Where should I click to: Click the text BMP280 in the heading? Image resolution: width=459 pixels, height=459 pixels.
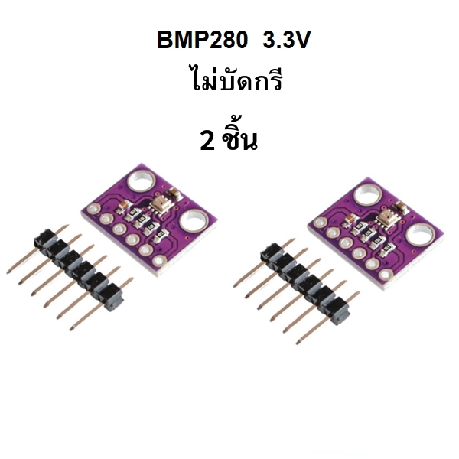[202, 40]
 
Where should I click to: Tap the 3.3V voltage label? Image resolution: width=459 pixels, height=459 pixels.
[286, 40]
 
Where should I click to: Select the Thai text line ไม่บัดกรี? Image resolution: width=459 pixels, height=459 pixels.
[236, 79]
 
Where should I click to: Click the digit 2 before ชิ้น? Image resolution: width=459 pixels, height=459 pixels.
[207, 141]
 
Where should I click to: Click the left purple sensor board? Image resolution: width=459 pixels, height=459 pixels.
[148, 220]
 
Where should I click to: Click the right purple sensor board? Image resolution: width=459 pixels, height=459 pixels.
[376, 233]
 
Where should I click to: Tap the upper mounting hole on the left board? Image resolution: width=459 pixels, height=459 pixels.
[141, 182]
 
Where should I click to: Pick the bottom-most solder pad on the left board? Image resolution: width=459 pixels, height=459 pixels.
[159, 262]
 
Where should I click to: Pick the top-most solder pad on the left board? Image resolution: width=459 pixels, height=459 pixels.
[94, 208]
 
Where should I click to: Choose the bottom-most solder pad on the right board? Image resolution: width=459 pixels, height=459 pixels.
[386, 275]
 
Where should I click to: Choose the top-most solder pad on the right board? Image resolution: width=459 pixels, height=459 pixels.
[320, 222]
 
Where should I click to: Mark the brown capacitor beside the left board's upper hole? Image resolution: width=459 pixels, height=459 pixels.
[172, 194]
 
